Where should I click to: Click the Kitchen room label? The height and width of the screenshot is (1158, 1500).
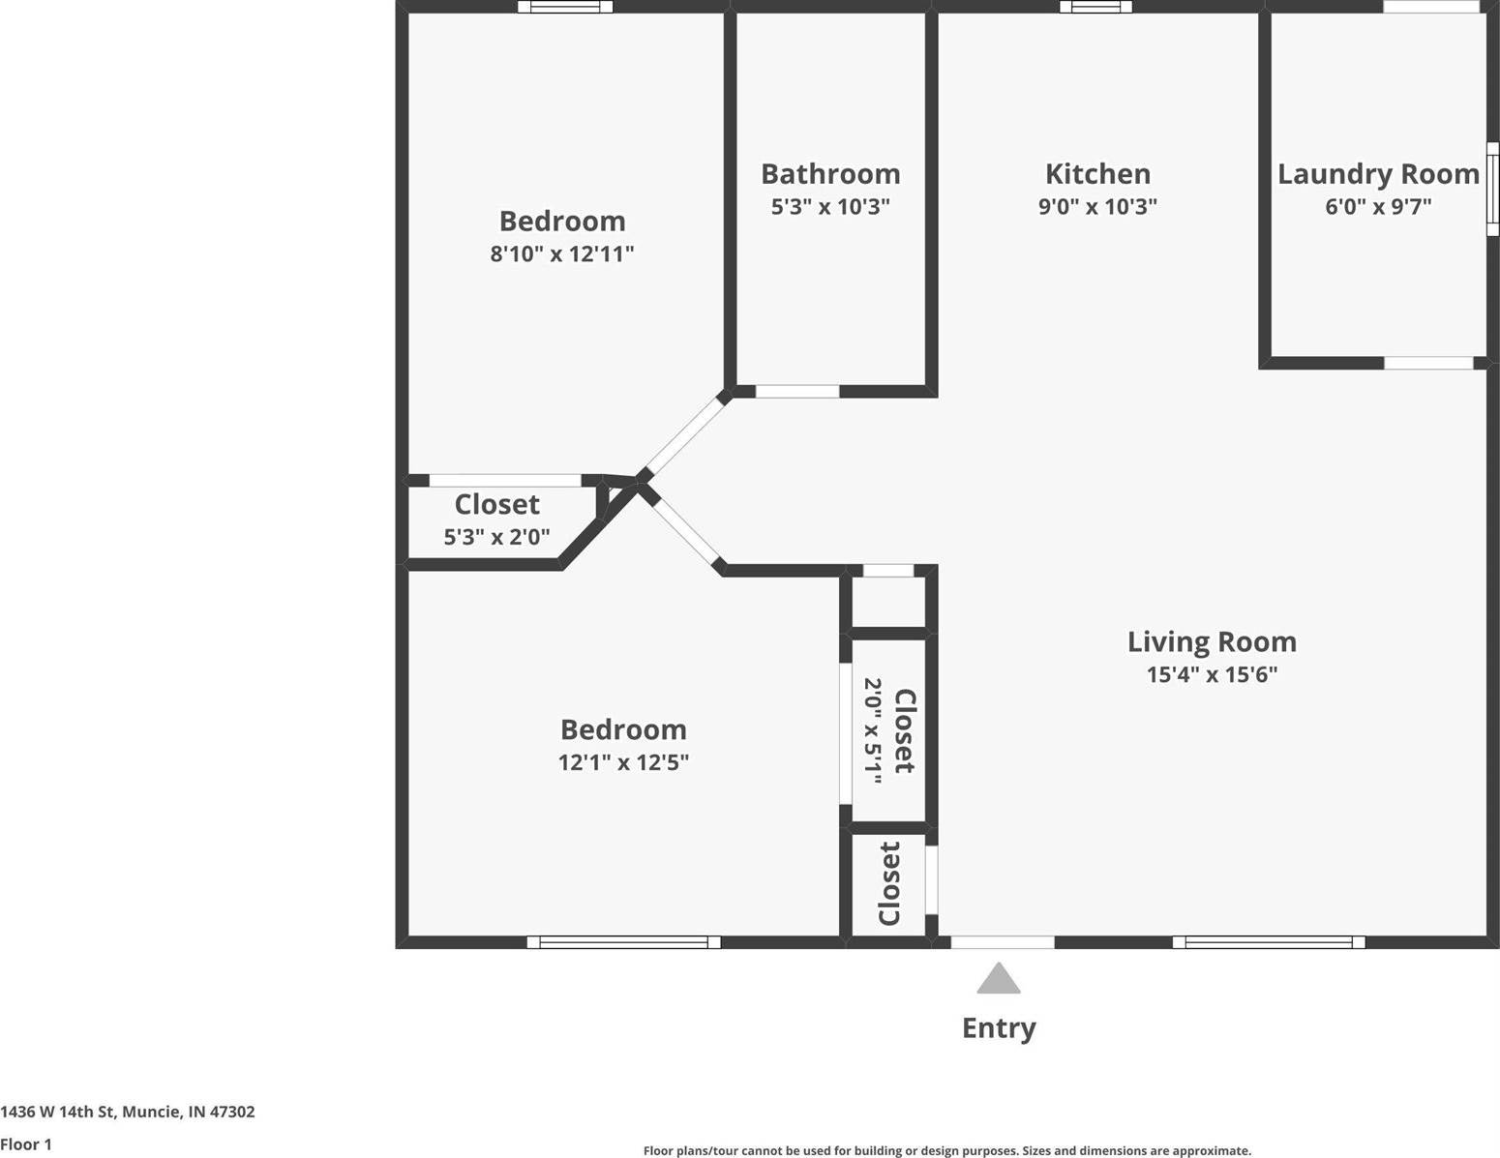[1097, 174]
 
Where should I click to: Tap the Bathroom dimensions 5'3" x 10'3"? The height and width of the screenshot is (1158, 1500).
[830, 206]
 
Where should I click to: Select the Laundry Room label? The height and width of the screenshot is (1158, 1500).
[1378, 174]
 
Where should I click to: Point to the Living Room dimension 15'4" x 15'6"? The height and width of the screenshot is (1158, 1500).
[1212, 674]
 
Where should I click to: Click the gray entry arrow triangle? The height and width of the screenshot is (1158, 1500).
[999, 980]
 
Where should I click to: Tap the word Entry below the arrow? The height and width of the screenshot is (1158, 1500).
[999, 1027]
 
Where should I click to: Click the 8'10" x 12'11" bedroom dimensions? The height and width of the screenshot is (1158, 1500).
[561, 253]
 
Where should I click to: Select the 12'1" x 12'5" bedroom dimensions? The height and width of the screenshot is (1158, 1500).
[623, 762]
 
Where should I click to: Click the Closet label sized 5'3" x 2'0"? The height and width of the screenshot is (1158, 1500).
[496, 504]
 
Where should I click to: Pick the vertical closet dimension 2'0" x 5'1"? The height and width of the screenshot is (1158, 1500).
[873, 730]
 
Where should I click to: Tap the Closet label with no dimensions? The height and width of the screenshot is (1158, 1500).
[889, 883]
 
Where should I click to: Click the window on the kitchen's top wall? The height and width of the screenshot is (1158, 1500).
[1095, 7]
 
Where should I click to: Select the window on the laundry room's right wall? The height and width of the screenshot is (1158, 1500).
[1492, 189]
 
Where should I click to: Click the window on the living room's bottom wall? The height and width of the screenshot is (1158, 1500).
[1268, 941]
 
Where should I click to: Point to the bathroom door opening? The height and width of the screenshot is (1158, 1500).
[797, 391]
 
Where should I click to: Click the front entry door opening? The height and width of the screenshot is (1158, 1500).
[1003, 941]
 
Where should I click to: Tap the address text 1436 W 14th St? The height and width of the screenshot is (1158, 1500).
[128, 1112]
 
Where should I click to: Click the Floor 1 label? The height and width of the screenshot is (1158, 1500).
[26, 1144]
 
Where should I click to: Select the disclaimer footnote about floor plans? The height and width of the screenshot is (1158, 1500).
[946, 1150]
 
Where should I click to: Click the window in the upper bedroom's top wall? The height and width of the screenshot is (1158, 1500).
[565, 7]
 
